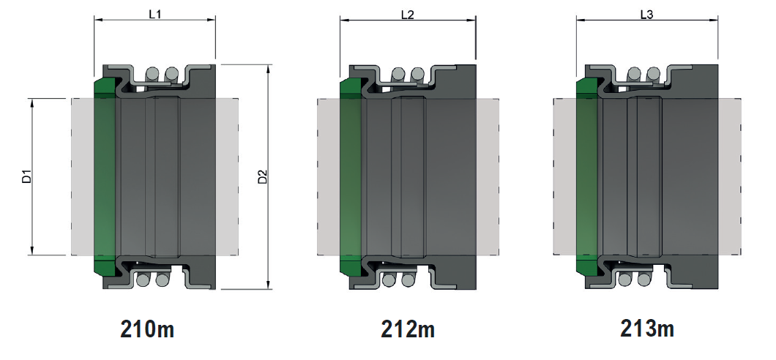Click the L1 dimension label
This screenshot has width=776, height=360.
pos(155,14)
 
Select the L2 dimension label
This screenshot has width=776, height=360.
pos(407,15)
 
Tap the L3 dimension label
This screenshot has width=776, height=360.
pos(647,15)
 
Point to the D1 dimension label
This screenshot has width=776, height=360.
pos(27,176)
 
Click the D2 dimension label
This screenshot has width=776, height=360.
pos(262,176)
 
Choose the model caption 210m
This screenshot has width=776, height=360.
pos(147,329)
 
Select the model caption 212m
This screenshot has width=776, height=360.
pos(408,329)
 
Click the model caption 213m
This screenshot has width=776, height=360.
pos(647,329)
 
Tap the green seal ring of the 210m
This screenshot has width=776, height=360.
pos(105,176)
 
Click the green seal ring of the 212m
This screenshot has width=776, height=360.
pos(351,176)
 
